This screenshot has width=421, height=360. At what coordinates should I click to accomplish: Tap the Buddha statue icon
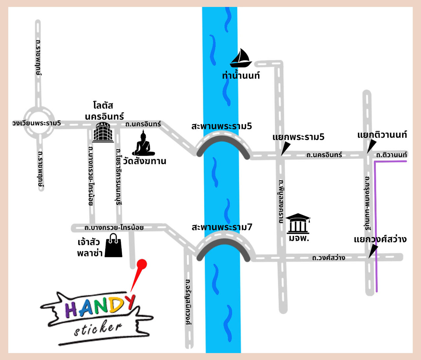click(144, 143)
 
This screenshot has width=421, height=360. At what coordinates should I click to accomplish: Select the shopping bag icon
click(113, 245)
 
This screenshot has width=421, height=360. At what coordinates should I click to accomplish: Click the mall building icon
click(103, 132)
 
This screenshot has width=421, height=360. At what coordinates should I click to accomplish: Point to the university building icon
click(298, 224)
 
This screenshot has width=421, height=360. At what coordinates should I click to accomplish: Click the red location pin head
click(142, 264)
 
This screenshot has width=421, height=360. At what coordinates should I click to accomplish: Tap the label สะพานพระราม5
click(222, 126)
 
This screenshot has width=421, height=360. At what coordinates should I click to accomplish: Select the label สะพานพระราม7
click(222, 227)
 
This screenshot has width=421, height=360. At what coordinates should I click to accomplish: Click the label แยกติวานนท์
click(382, 135)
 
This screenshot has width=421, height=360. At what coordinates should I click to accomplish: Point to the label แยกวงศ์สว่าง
click(380, 239)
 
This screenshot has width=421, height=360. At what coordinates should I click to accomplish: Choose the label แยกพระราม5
click(298, 137)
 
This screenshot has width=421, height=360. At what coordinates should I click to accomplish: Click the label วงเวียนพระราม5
click(37, 123)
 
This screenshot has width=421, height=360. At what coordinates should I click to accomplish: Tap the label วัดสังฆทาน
click(145, 161)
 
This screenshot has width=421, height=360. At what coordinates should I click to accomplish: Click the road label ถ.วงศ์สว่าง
click(329, 258)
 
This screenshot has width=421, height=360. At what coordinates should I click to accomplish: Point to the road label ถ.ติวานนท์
click(391, 155)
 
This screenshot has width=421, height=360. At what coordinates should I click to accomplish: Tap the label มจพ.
click(299, 238)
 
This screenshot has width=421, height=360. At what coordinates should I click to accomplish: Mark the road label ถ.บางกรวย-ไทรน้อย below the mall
click(114, 228)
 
